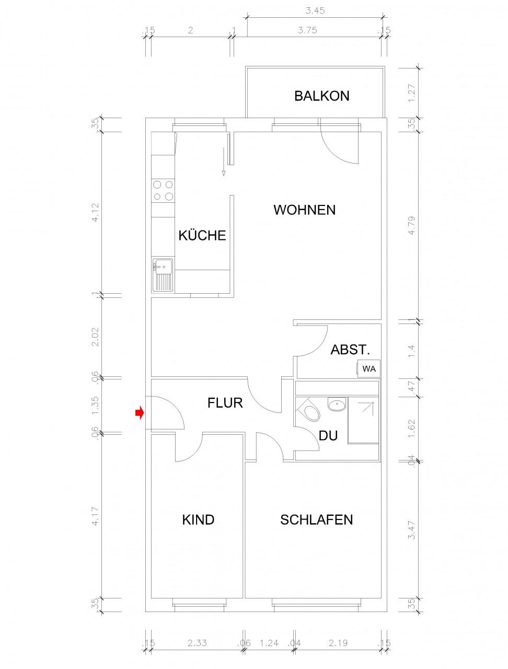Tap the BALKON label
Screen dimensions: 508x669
click(321, 96)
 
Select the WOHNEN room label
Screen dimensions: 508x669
click(305, 210)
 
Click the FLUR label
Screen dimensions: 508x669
click(225, 403)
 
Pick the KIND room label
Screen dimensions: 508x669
click(198, 520)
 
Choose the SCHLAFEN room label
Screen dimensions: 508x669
click(316, 520)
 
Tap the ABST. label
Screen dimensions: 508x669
click(350, 350)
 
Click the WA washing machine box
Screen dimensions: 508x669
click(369, 369)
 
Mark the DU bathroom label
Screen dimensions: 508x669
click(328, 435)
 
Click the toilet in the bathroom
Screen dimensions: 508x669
click(309, 410)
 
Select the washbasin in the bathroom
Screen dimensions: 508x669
click(337, 404)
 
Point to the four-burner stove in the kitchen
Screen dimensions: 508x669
click(163, 190)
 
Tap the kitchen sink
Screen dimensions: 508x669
click(163, 274)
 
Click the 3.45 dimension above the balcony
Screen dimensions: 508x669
click(315, 10)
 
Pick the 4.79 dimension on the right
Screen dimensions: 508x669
click(412, 226)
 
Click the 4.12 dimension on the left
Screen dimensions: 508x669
click(95, 212)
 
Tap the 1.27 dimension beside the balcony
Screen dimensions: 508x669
click(412, 93)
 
